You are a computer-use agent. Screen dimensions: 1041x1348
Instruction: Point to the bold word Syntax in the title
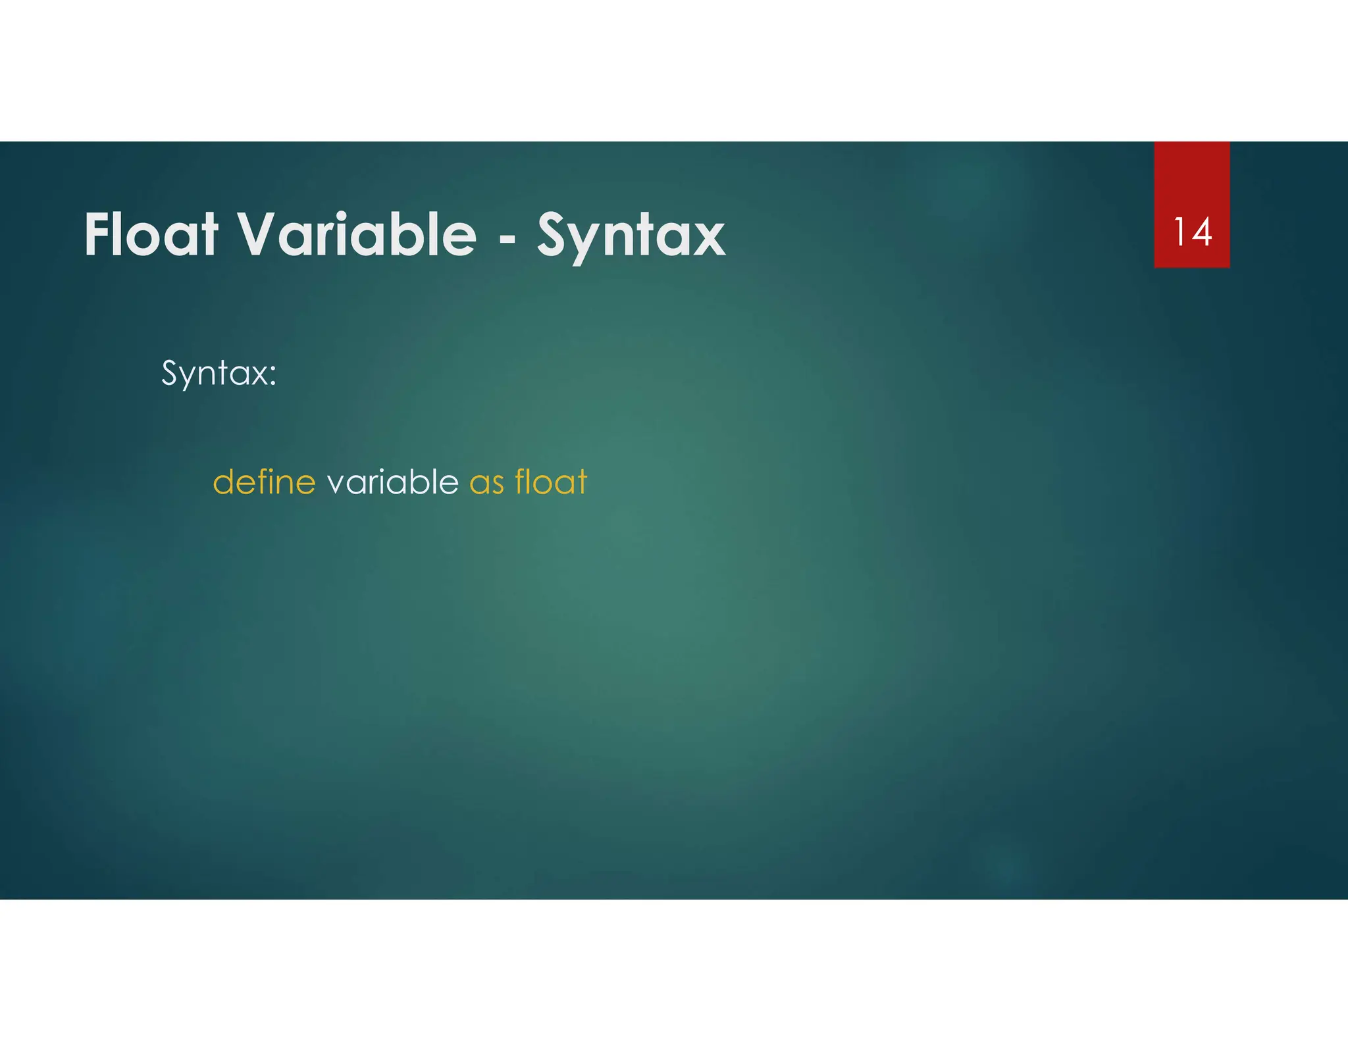point(631,236)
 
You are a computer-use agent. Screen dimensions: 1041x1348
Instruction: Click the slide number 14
point(1192,232)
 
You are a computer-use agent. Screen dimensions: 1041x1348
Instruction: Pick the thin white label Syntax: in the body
point(219,373)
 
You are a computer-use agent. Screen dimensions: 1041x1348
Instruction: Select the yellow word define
point(264,482)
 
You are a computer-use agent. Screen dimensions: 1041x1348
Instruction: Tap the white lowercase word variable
point(392,482)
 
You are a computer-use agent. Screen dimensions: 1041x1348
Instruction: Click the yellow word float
point(551,482)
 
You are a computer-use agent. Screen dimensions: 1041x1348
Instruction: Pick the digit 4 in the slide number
point(1201,232)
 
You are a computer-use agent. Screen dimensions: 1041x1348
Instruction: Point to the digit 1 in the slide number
point(1179,232)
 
